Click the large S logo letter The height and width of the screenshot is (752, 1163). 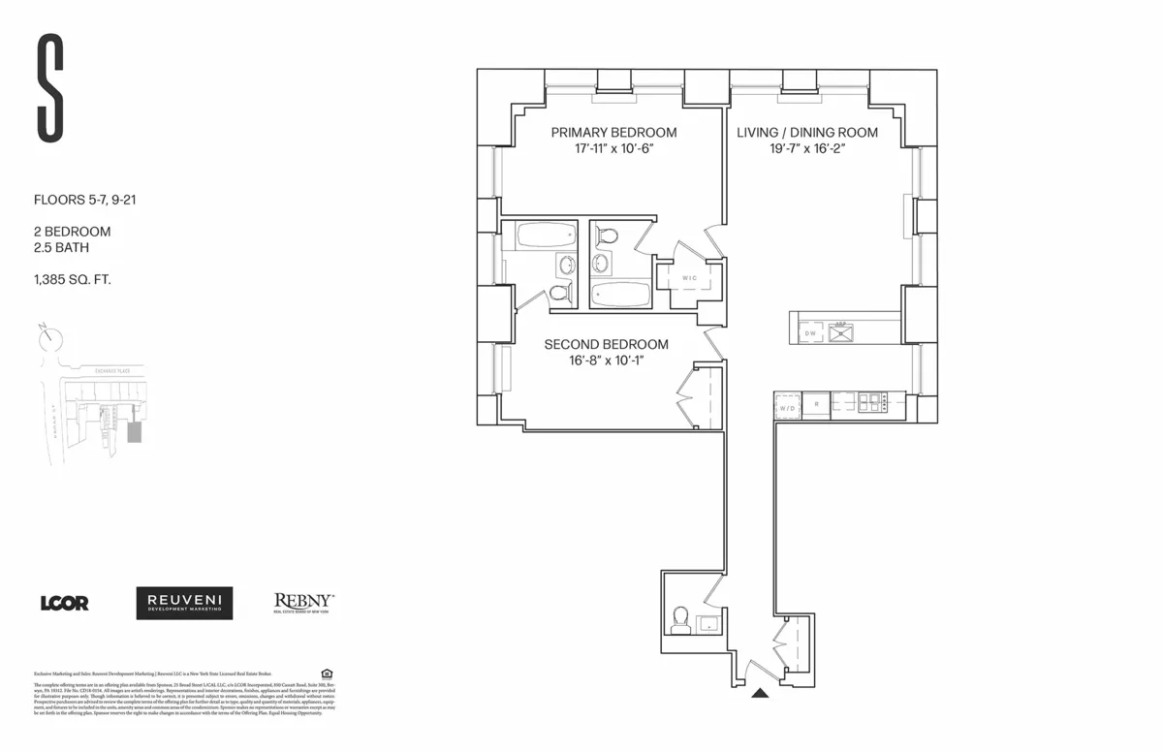click(51, 87)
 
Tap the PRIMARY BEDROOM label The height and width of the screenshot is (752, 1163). click(613, 133)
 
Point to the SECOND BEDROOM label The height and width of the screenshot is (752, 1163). click(606, 344)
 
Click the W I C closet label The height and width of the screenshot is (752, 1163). click(690, 278)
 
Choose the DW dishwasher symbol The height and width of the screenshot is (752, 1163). click(810, 332)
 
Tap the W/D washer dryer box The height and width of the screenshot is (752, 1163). click(787, 408)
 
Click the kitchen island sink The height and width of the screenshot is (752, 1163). click(840, 332)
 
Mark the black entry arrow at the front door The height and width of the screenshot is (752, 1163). click(761, 693)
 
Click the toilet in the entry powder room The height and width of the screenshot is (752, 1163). click(680, 617)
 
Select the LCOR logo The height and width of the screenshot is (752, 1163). click(64, 603)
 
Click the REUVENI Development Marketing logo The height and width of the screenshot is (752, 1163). click(184, 603)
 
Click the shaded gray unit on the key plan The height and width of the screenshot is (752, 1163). click(135, 431)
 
